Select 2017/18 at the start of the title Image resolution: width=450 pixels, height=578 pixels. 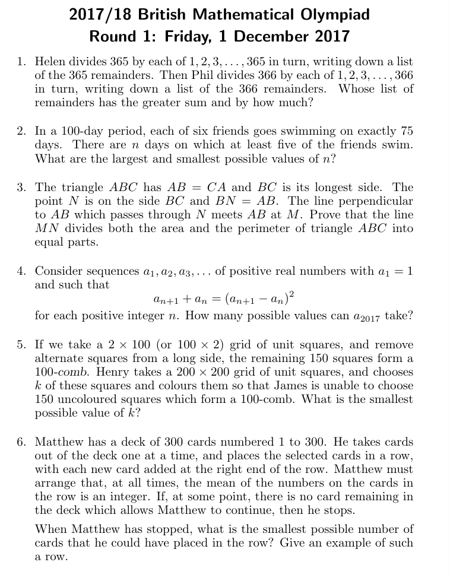point(95,14)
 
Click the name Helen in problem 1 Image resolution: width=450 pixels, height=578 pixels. point(51,62)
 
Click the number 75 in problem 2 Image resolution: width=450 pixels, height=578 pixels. point(407,131)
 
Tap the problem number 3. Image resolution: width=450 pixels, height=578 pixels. point(21,188)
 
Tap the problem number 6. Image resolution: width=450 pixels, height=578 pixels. point(21,442)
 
